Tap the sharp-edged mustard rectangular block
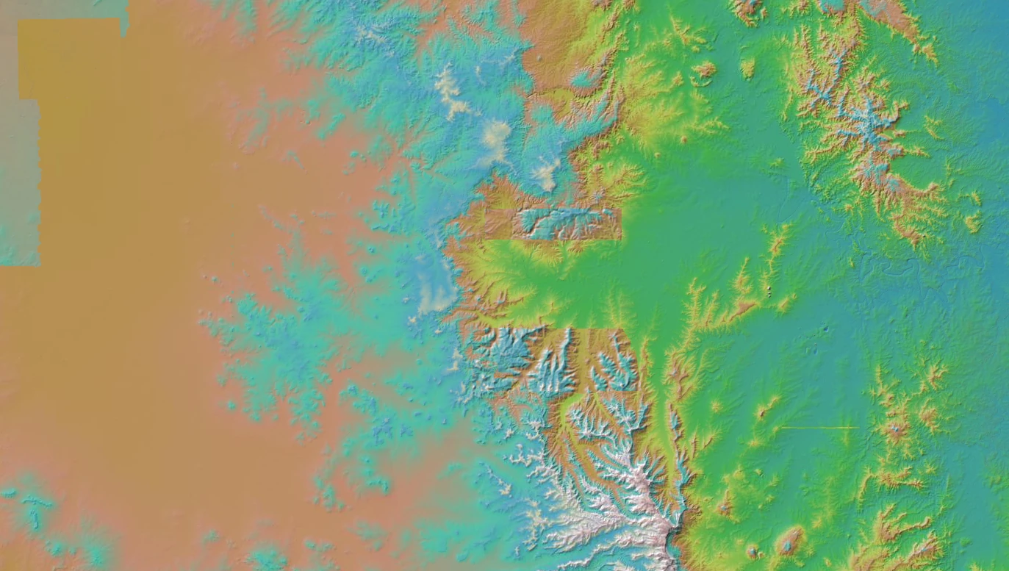click(70, 59)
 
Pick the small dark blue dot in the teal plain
click(827, 328)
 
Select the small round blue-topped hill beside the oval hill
click(753, 550)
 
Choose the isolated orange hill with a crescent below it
click(705, 70)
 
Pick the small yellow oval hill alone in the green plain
click(747, 68)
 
